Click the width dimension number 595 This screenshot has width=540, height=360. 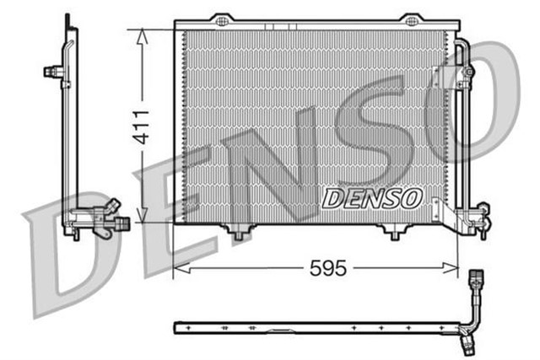327,269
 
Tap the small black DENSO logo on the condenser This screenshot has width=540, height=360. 371,199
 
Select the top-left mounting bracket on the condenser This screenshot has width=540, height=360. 220,19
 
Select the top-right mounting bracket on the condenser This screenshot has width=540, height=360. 411,19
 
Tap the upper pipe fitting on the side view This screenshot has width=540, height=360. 55,72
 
